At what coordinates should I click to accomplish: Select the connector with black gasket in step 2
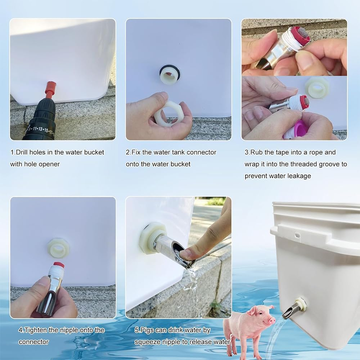(170, 75)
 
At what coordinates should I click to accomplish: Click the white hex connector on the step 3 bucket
(316, 87)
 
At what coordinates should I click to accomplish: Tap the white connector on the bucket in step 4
(58, 248)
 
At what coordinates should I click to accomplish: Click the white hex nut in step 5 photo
(151, 238)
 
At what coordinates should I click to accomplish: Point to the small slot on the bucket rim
(297, 235)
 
